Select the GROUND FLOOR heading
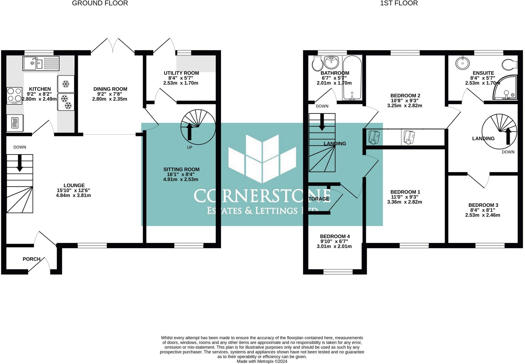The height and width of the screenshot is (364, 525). pos(100,3)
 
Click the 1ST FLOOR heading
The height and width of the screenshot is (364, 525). pos(399,3)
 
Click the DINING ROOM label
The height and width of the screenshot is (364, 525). pos(110,89)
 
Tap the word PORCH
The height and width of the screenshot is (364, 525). pos(32,259)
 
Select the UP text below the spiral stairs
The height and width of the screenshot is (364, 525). pos(189,147)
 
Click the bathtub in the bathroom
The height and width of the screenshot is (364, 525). pos(352,78)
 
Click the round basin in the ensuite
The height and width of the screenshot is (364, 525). pos(463,63)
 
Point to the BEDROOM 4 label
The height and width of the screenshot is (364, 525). pos(335,236)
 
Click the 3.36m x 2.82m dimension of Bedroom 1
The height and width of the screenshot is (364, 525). pos(405,202)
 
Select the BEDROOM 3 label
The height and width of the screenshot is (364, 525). pos(483,205)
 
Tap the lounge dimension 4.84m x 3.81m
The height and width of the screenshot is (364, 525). pos(73,195)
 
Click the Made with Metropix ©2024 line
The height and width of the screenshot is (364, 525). pos(262,361)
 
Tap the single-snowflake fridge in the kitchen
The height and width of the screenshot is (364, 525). pos(66,84)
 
